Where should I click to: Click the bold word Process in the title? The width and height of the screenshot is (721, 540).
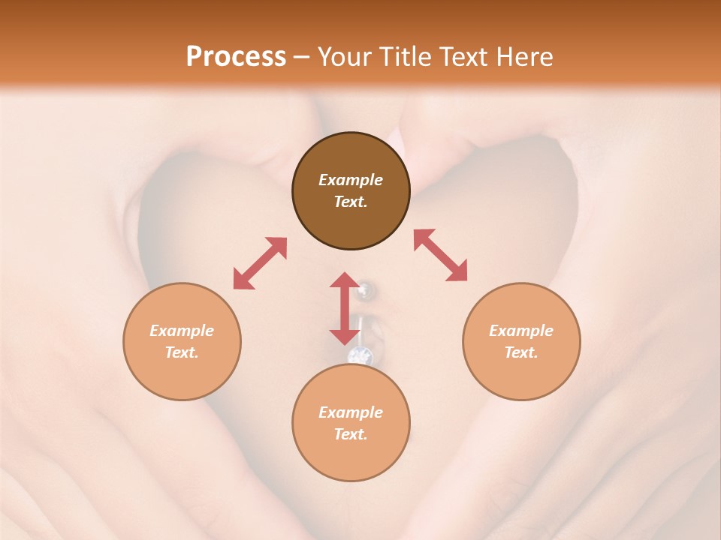coord(236,57)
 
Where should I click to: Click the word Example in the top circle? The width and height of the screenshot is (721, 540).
coord(351,180)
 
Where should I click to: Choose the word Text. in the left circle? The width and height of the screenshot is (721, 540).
coord(182,352)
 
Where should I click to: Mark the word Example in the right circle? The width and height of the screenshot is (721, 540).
coord(521,331)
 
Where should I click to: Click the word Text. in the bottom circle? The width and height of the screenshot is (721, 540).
coord(351,434)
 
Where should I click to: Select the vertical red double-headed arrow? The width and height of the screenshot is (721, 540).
coord(345,308)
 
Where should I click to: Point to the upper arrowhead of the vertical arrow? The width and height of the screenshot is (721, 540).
coord(345,280)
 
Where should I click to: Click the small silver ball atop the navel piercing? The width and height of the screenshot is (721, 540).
coord(365,288)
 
